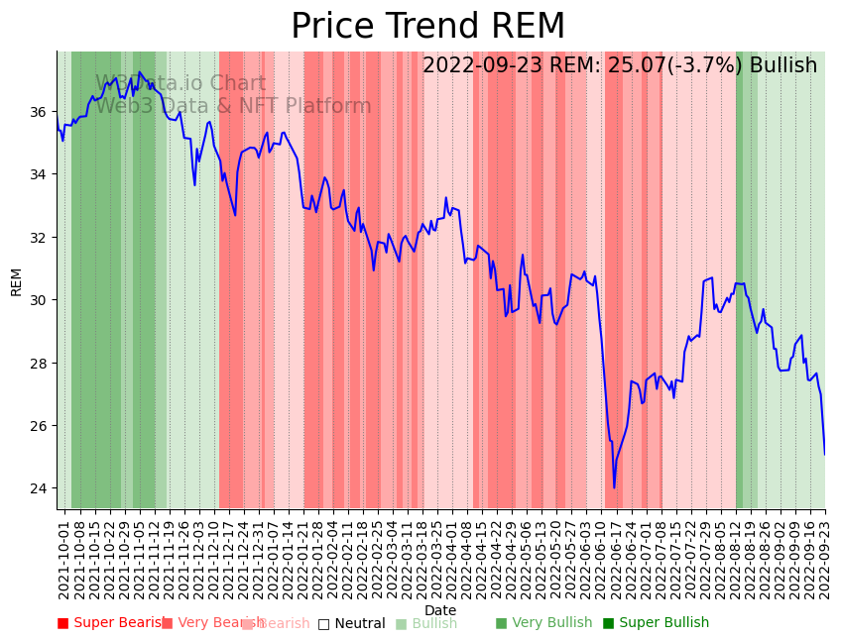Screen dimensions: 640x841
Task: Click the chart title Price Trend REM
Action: click(427, 27)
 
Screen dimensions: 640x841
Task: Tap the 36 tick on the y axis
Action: click(40, 112)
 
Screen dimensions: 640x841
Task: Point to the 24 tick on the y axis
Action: click(40, 488)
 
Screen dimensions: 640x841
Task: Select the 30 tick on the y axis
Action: click(40, 300)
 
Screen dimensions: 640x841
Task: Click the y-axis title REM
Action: click(16, 281)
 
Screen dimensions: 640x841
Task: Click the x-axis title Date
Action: click(440, 610)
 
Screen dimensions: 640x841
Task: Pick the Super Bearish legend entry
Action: click(111, 623)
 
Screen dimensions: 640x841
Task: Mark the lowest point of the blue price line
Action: click(614, 487)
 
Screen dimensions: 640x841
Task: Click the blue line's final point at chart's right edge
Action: click(824, 454)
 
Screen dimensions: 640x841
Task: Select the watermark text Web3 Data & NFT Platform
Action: click(233, 106)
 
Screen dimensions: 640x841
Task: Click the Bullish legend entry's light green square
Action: click(401, 624)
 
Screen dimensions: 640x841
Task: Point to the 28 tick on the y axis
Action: click(40, 363)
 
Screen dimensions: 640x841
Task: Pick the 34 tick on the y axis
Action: click(40, 174)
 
